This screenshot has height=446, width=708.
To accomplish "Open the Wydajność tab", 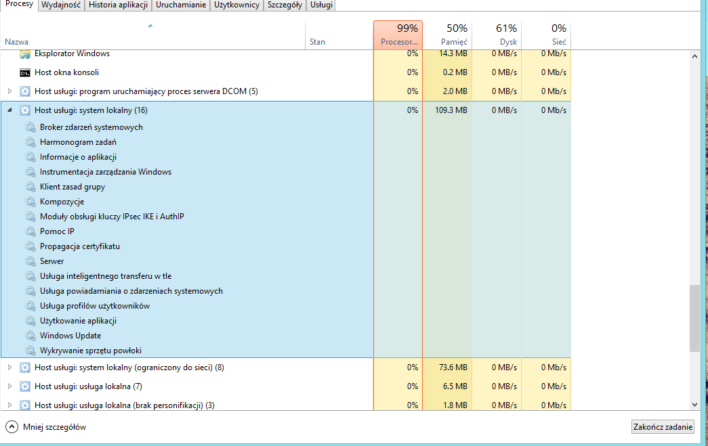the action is [61, 5].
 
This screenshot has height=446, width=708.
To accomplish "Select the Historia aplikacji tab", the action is [119, 5].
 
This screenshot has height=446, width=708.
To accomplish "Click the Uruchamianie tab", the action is [181, 5].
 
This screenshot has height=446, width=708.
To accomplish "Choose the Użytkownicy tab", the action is [236, 5].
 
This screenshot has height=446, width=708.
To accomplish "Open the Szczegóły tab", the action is [285, 5].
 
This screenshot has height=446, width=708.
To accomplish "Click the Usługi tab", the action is [322, 5].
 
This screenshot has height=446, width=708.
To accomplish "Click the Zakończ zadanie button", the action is [663, 426].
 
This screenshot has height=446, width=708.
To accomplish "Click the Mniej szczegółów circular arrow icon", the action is [12, 426].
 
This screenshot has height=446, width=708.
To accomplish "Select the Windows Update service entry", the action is [70, 336].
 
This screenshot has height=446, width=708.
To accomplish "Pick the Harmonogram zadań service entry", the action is [78, 142].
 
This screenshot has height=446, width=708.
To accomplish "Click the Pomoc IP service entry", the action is [57, 231].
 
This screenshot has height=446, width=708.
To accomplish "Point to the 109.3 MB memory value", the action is [451, 110].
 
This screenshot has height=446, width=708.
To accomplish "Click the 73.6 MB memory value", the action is [453, 367].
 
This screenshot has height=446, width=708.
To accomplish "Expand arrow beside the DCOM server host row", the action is [9, 91].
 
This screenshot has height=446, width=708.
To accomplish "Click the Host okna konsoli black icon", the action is [25, 72].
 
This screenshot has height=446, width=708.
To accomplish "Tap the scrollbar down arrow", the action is [695, 405].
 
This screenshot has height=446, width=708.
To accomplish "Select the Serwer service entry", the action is [52, 261].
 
